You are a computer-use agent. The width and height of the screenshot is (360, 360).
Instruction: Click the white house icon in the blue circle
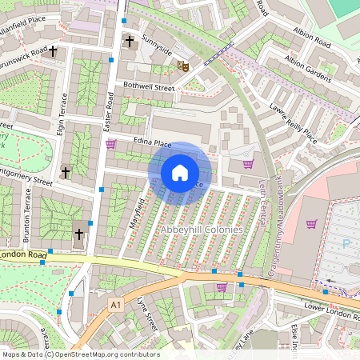(x=180, y=172)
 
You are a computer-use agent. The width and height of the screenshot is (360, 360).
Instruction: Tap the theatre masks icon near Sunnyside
(x=182, y=68)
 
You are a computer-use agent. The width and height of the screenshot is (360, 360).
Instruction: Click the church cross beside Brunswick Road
(x=54, y=52)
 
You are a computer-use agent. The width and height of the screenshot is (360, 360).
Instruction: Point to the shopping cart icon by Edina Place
(x=110, y=144)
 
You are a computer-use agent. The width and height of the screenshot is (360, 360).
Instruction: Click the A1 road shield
(x=116, y=305)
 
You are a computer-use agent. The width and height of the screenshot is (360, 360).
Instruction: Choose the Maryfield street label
(x=136, y=212)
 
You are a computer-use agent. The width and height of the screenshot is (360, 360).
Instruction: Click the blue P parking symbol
(x=346, y=244)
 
